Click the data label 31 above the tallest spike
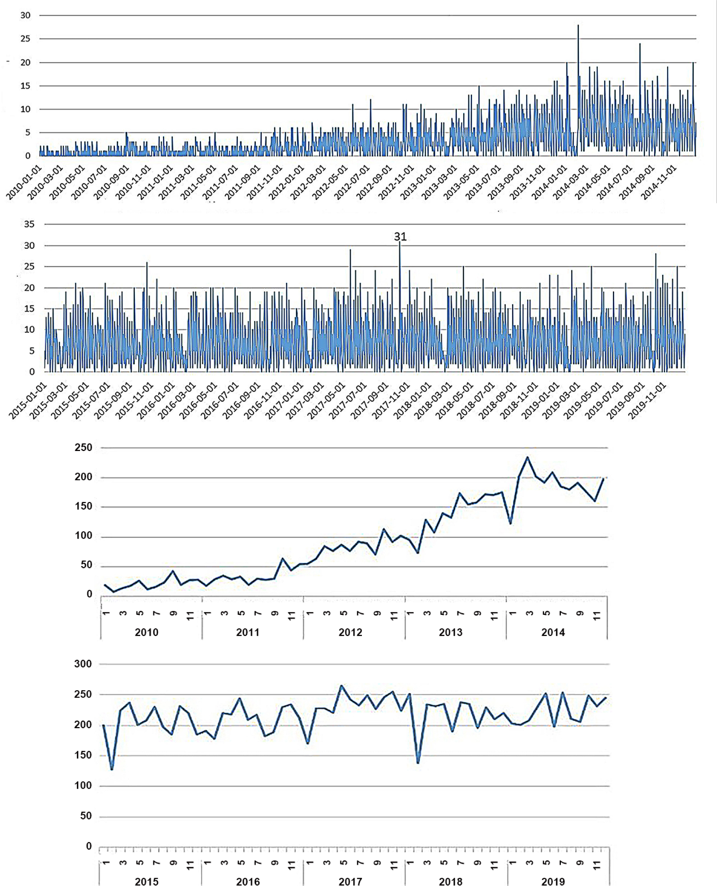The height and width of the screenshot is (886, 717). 400,237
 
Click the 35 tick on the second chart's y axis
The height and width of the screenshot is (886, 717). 29,224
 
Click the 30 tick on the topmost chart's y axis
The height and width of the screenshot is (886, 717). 26,15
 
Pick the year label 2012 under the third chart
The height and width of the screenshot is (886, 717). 350,632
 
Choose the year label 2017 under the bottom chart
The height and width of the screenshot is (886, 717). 350,882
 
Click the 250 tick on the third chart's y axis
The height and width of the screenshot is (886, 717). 83,447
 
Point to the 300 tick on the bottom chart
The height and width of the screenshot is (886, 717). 83,664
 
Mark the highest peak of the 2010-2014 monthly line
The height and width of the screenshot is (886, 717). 527,457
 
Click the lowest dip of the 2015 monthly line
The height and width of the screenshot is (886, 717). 112,769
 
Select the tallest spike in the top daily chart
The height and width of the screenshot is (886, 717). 578,26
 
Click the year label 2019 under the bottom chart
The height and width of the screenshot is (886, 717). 553,882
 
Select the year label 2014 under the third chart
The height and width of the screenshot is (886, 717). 553,632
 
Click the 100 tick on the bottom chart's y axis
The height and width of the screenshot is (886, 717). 83,785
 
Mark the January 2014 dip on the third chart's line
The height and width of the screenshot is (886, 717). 510,523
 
